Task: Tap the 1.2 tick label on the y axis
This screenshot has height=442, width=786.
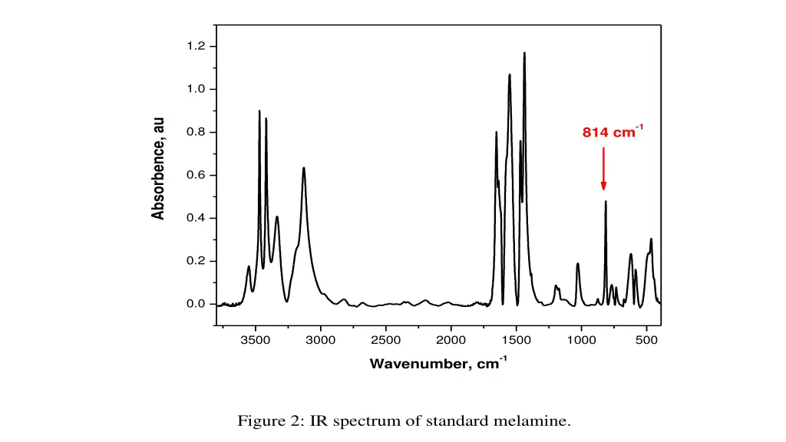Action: [x=196, y=46]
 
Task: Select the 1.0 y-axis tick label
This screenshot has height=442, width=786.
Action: [x=196, y=89]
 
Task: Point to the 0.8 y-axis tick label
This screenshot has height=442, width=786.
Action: [x=196, y=132]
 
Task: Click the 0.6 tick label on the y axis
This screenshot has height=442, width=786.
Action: [x=196, y=175]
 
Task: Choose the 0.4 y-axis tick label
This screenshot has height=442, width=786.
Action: [x=196, y=218]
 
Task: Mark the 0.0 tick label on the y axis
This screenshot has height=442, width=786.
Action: [x=196, y=304]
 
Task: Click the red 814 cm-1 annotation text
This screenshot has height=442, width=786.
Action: [x=612, y=132]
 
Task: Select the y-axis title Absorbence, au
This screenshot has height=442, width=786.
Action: [x=159, y=169]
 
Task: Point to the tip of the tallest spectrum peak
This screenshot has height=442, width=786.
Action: [x=524, y=53]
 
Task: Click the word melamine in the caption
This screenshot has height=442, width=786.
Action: [x=541, y=421]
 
